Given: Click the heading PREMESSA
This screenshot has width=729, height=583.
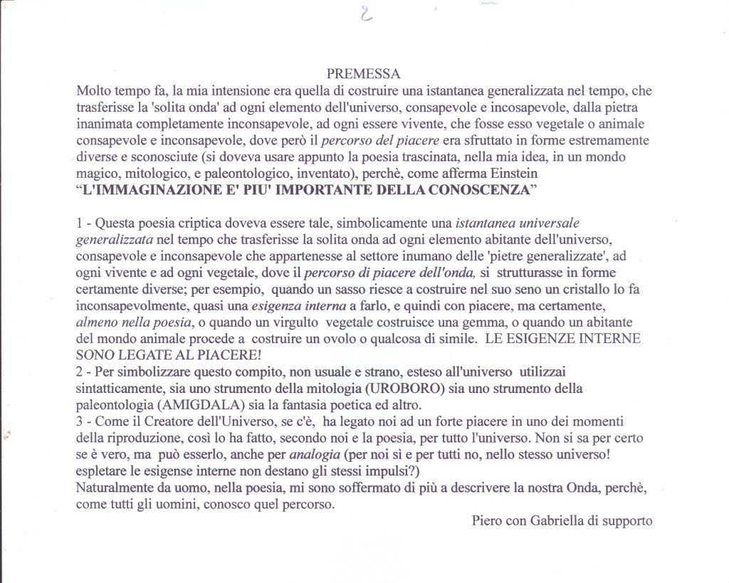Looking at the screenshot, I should point(364,73).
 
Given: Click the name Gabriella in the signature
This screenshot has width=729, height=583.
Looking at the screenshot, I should point(557,520).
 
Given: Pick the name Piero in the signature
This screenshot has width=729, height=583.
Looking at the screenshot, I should point(487,520).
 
